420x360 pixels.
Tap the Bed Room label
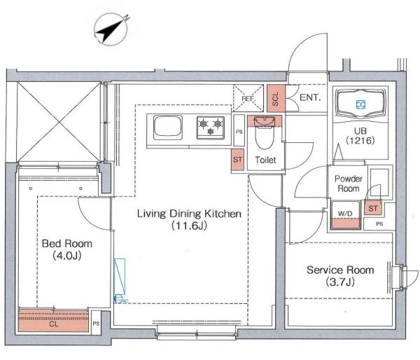(x=67, y=244)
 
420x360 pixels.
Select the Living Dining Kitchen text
(x=189, y=214)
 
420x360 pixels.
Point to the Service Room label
(x=340, y=270)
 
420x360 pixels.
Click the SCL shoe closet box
(x=276, y=98)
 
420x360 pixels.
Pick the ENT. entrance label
(x=310, y=97)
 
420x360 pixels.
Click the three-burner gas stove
(x=211, y=127)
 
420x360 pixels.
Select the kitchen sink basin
(x=168, y=127)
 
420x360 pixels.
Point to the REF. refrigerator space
(x=248, y=98)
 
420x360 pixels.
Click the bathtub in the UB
(x=360, y=104)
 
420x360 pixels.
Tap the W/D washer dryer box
(x=345, y=215)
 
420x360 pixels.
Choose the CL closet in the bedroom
(x=54, y=321)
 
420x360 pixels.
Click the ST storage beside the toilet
(x=237, y=160)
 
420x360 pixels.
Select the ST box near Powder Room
(x=373, y=208)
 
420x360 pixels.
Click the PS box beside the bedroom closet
(x=96, y=323)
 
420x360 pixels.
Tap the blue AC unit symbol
(x=120, y=281)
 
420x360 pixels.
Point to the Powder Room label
(x=349, y=184)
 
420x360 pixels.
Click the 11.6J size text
(x=189, y=226)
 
